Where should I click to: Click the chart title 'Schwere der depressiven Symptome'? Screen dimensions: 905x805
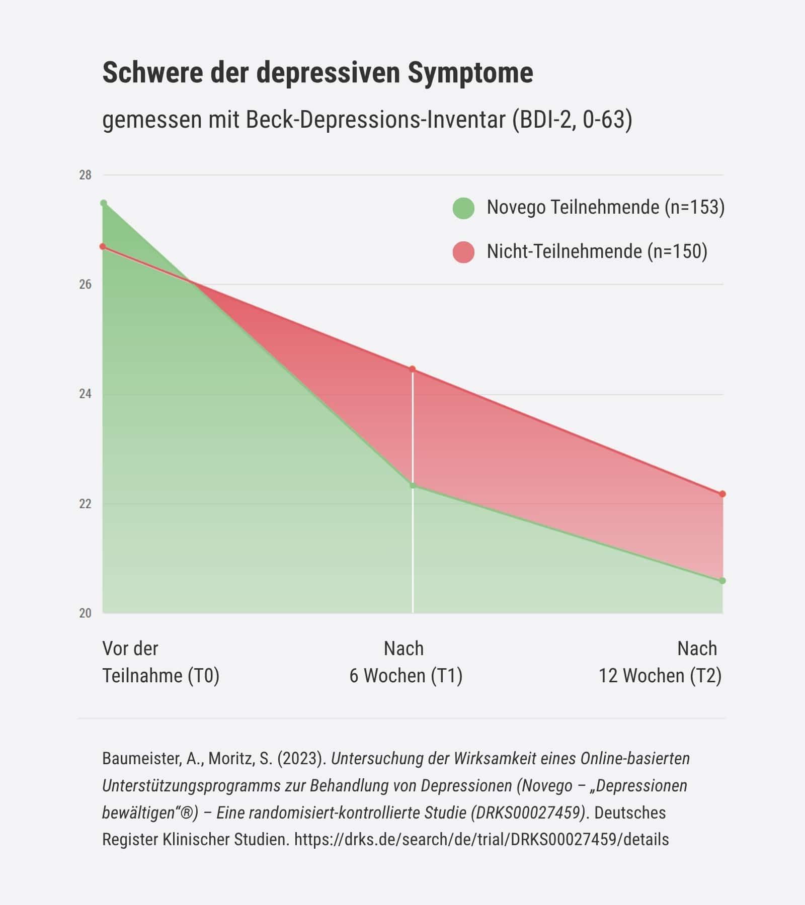(x=317, y=73)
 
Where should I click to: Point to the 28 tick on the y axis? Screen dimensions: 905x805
(x=85, y=175)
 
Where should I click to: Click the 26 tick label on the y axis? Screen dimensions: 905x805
(x=85, y=285)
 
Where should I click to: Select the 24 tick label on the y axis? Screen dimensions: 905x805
(x=85, y=394)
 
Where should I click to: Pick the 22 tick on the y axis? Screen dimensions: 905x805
(x=85, y=504)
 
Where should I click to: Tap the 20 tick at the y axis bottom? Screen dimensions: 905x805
(x=85, y=613)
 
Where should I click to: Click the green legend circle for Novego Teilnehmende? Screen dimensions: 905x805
(x=463, y=208)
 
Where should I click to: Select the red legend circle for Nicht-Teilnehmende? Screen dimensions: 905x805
(x=463, y=252)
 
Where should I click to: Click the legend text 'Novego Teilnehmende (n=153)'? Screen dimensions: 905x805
(x=605, y=207)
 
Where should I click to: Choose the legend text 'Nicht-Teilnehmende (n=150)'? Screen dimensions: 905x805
(x=597, y=251)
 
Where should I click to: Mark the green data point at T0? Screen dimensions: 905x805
(x=104, y=203)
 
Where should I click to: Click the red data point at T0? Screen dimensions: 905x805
(x=103, y=246)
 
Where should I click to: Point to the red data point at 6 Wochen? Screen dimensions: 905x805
(x=413, y=369)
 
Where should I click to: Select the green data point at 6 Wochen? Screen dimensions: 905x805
(x=413, y=485)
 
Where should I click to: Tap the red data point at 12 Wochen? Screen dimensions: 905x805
(x=722, y=494)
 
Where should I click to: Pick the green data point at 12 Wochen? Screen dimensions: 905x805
(x=722, y=581)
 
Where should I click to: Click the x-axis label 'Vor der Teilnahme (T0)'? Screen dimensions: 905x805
(x=160, y=662)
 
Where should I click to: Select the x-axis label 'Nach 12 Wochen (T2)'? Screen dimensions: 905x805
(x=660, y=662)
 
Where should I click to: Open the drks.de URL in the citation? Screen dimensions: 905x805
(x=481, y=839)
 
